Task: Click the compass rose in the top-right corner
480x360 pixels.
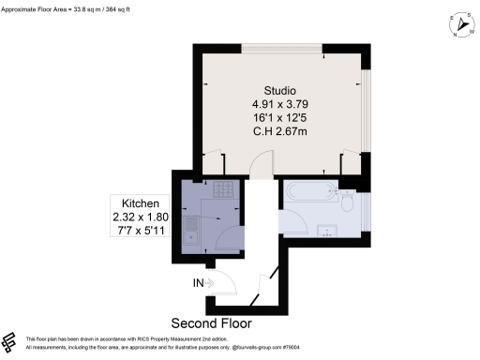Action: (462, 27)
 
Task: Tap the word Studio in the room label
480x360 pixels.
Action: (276, 88)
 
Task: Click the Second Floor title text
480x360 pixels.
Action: (213, 322)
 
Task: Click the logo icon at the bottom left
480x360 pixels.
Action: (9, 341)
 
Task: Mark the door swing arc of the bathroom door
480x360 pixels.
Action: (293, 221)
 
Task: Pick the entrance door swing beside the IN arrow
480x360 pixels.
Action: (225, 281)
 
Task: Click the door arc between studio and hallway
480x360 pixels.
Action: (260, 166)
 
